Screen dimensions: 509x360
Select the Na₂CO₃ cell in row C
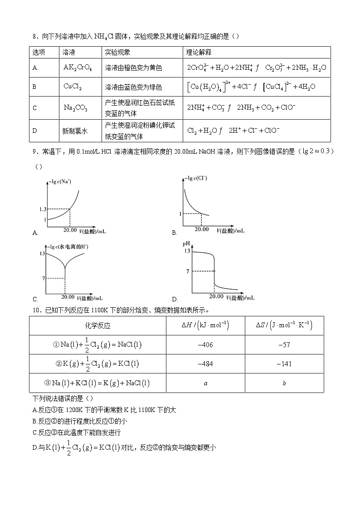(75, 108)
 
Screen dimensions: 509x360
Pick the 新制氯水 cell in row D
(75, 131)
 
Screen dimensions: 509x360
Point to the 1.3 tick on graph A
(43, 209)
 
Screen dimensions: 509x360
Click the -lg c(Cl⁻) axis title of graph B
(196, 178)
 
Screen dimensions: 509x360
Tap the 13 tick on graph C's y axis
(42, 253)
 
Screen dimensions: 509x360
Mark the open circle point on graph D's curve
(214, 271)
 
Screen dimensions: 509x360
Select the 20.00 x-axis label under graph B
(200, 230)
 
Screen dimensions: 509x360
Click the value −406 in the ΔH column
(205, 345)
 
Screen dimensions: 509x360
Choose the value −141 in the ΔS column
(284, 364)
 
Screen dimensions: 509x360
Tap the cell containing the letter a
(205, 383)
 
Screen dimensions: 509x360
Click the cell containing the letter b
(284, 383)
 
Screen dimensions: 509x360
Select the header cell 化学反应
(97, 326)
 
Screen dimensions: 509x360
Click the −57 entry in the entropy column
(284, 345)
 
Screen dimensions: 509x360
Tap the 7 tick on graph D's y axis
(187, 271)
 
